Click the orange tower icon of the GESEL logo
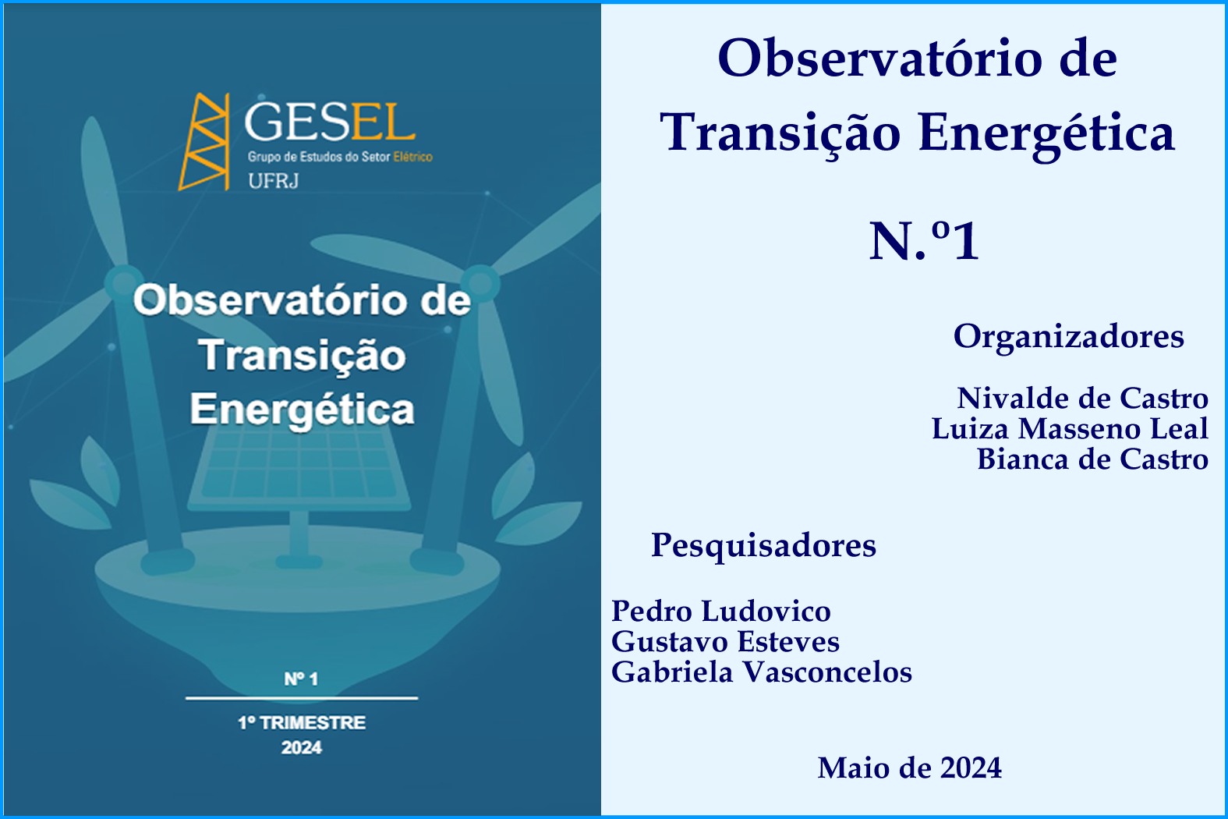pyautogui.click(x=204, y=141)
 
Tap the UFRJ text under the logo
pyautogui.click(x=273, y=181)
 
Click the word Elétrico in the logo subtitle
pyautogui.click(x=412, y=157)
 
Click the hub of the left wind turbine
pyautogui.click(x=124, y=283)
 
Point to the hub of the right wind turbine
pyautogui.click(x=480, y=283)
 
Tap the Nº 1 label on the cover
pyautogui.click(x=301, y=679)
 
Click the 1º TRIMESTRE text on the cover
pyautogui.click(x=302, y=722)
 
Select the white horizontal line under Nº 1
pyautogui.click(x=302, y=698)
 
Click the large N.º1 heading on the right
pyautogui.click(x=924, y=240)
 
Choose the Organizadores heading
pyautogui.click(x=1068, y=337)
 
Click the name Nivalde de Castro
pyautogui.click(x=1082, y=399)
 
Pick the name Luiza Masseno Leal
pyautogui.click(x=1070, y=428)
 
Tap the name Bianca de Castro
pyautogui.click(x=1092, y=459)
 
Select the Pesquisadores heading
pyautogui.click(x=763, y=546)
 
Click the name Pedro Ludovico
pyautogui.click(x=721, y=611)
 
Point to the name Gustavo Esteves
pyautogui.click(x=725, y=642)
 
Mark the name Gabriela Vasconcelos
pyautogui.click(x=762, y=672)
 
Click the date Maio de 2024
pyautogui.click(x=909, y=768)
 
